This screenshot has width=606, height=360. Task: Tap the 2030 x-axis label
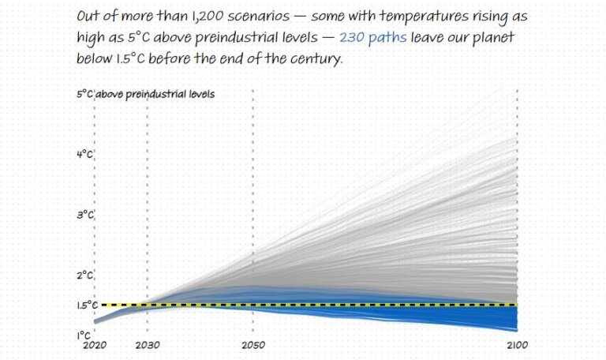(147, 346)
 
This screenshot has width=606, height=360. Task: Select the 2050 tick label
(252, 346)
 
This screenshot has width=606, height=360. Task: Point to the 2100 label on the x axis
(517, 346)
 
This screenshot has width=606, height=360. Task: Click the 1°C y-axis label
(84, 335)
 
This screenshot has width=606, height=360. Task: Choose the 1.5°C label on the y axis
(88, 305)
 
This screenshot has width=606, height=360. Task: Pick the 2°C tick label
(85, 275)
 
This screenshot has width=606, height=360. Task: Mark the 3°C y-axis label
(85, 215)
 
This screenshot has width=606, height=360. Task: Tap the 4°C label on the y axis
(85, 154)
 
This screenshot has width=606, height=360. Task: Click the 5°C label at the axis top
(85, 94)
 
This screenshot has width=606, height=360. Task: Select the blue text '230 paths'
(372, 37)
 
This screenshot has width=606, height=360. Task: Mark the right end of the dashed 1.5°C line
(516, 305)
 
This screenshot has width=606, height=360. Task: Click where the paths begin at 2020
(95, 321)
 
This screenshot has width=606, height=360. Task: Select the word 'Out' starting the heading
(89, 16)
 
